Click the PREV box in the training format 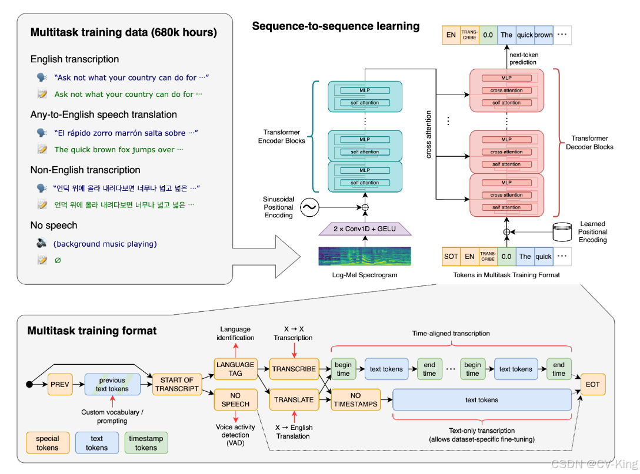[60, 384]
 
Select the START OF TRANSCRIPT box [176, 384]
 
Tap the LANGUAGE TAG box [235, 369]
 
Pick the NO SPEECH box [235, 400]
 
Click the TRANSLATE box [294, 400]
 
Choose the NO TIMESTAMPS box [355, 400]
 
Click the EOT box [593, 384]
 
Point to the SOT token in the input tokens [451, 256]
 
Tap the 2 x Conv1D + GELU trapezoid [365, 228]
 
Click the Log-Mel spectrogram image [365, 256]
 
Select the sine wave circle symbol [310, 207]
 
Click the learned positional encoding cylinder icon [562, 232]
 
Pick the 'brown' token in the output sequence [544, 35]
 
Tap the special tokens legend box [47, 443]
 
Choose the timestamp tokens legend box [146, 443]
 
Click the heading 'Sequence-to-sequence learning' [335, 26]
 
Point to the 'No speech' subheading [54, 226]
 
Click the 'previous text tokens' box [112, 384]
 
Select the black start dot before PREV [29, 384]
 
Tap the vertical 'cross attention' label [429, 135]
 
